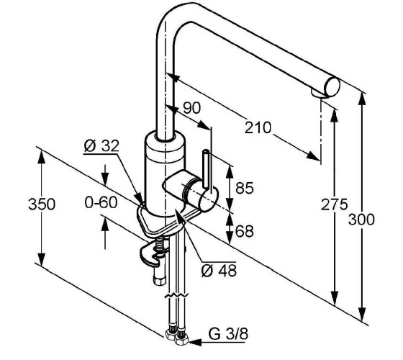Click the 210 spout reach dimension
[258, 128]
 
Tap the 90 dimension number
[191, 108]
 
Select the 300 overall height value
[361, 220]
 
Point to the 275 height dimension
[334, 204]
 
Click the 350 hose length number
[42, 204]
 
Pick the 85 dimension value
[245, 188]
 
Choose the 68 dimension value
[245, 231]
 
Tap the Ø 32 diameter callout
[101, 145]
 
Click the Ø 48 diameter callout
[219, 271]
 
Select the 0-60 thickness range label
[101, 202]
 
